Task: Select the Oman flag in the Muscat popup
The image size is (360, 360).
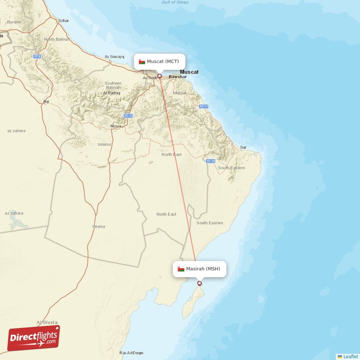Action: coord(142,61)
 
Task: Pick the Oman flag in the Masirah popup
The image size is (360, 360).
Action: coord(180,269)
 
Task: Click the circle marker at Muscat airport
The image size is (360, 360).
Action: coord(159,76)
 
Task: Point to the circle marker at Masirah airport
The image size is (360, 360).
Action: coord(200,283)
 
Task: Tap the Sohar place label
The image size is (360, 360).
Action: coord(63,21)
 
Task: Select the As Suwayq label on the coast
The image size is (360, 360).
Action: coord(114,57)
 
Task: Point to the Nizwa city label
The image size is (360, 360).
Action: coord(116,126)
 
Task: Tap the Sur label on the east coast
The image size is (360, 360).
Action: coord(243,147)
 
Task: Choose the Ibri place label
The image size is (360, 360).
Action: coord(45,102)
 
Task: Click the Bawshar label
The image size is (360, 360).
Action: coord(177,77)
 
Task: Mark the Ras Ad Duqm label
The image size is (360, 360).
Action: coord(131,353)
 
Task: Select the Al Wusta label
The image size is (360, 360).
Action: coord(45,322)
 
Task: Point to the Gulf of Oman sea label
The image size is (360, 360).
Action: coord(175,3)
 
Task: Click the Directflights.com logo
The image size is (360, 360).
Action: coord(34,338)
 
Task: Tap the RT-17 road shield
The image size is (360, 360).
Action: coord(203,106)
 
